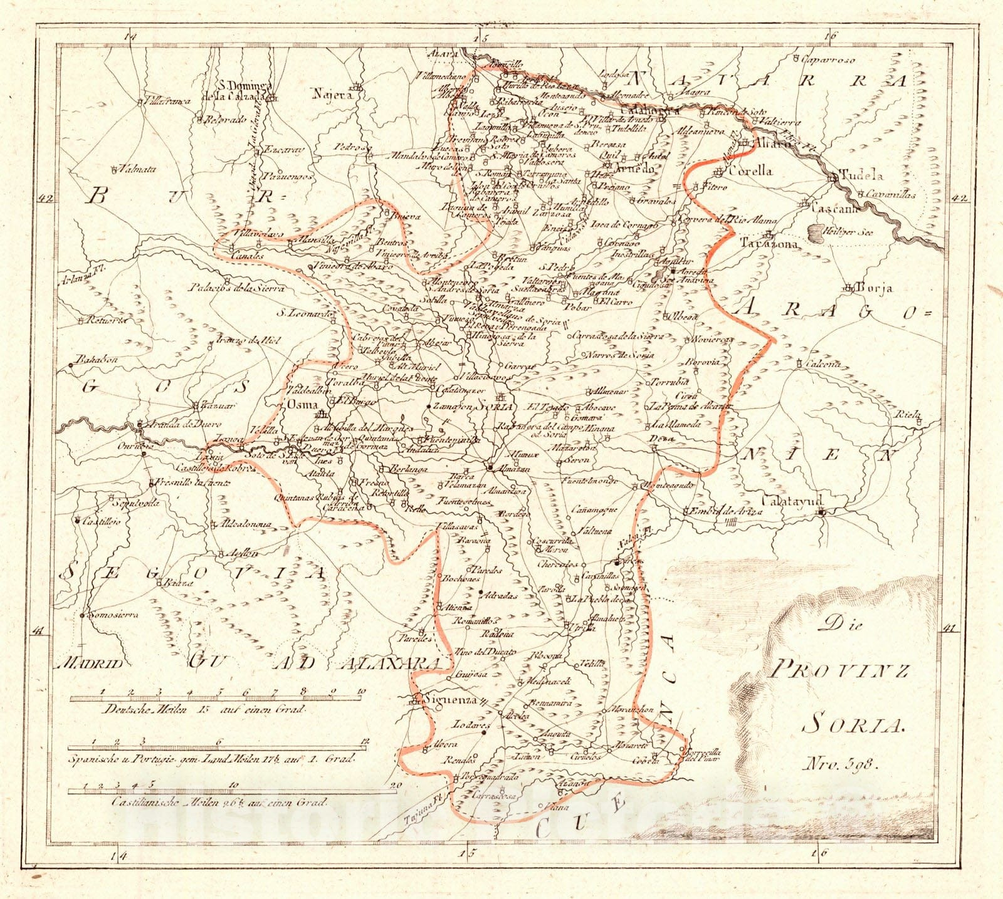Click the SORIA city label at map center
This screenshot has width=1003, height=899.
click(x=495, y=406)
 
